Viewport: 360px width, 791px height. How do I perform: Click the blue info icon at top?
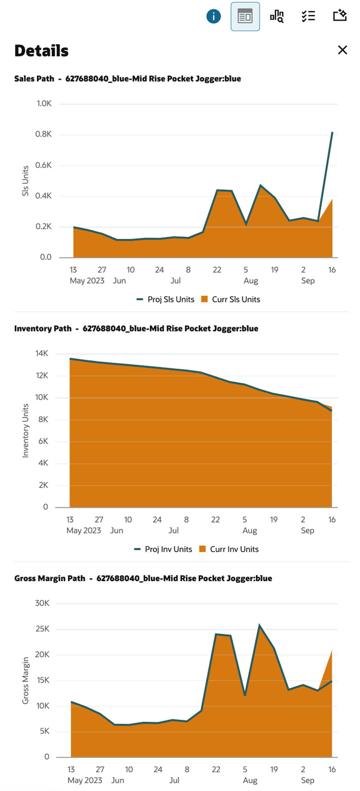213,16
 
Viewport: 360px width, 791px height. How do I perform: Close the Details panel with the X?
342,50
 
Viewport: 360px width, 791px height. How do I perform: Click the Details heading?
41,51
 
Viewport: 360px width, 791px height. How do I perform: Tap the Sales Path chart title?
128,79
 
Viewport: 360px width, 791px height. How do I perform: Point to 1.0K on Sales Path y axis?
44,103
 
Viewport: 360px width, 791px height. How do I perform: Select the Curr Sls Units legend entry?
231,299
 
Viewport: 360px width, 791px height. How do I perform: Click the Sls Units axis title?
26,181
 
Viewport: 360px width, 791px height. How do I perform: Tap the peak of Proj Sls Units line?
332,132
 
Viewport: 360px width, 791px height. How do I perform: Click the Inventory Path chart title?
136,329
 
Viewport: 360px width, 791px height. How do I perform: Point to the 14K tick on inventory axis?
42,353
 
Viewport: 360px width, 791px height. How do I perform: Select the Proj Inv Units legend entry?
164,549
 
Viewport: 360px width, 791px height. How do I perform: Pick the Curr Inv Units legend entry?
229,549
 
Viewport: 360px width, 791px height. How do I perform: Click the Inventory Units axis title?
26,430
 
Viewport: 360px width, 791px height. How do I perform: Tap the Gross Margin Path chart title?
143,578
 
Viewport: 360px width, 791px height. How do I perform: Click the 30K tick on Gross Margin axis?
42,603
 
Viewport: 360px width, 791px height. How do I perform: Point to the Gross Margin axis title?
26,680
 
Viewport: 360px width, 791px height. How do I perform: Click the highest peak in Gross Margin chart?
260,626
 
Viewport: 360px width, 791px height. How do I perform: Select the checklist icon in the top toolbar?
308,16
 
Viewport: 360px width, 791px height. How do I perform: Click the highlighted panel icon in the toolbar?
245,16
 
